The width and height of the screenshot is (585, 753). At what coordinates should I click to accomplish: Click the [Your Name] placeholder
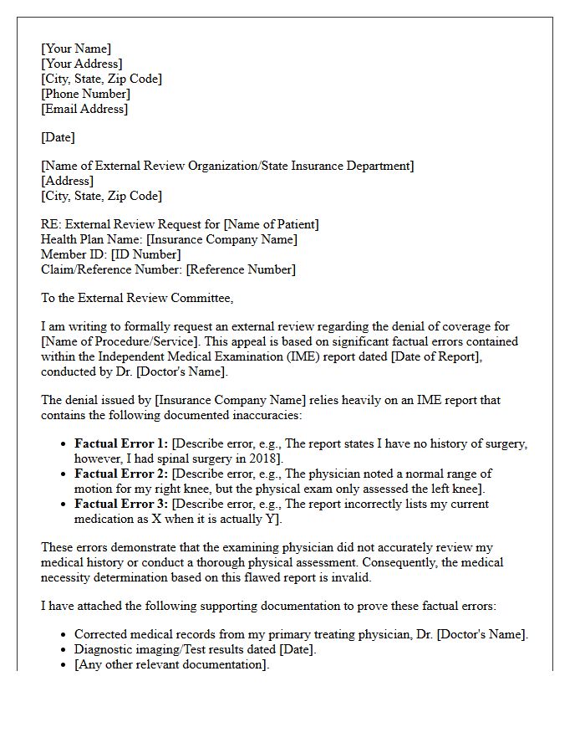(76, 49)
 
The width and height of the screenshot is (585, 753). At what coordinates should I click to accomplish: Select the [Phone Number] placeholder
(85, 94)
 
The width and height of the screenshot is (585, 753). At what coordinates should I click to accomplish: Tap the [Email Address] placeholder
(84, 109)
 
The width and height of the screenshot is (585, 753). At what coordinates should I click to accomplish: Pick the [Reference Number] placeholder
(241, 269)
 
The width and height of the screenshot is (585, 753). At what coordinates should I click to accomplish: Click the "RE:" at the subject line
(51, 224)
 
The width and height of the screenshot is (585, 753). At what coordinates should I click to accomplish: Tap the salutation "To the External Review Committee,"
(137, 298)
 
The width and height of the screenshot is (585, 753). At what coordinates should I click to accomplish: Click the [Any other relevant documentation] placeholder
(171, 664)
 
